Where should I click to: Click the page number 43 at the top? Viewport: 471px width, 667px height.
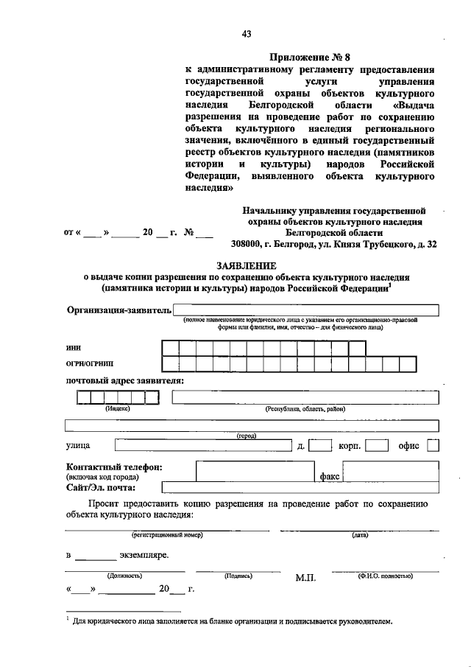(247, 33)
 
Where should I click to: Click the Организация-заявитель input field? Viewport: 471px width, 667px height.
(306, 310)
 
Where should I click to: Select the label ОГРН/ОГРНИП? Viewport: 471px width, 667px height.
(90, 363)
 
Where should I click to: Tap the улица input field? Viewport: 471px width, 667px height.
(203, 445)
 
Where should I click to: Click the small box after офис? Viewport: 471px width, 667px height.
(433, 445)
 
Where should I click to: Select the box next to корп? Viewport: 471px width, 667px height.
(377, 445)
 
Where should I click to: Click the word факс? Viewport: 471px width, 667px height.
(330, 476)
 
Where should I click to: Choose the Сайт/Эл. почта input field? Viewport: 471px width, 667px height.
(300, 486)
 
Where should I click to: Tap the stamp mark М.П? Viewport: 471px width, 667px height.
(305, 578)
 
